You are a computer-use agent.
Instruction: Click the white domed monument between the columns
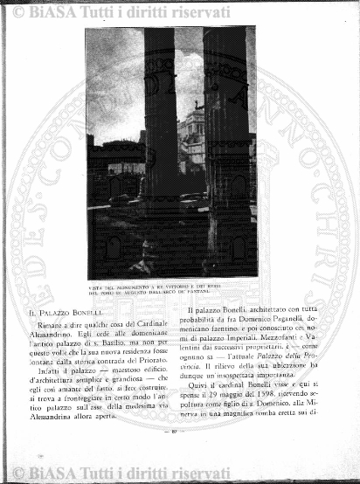(191, 135)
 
